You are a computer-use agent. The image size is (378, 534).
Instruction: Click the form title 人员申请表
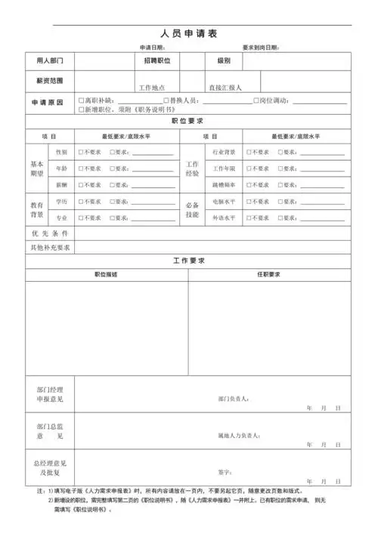[x=189, y=34]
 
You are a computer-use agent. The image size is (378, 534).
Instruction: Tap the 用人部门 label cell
[x=50, y=60]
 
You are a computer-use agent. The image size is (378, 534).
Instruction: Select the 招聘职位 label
[x=157, y=60]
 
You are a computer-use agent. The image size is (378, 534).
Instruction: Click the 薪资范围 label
[x=50, y=79]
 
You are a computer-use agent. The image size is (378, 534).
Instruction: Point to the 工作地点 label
[x=157, y=88]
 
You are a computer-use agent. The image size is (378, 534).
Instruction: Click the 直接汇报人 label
[x=225, y=88]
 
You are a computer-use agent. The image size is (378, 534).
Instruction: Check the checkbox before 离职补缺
[x=81, y=100]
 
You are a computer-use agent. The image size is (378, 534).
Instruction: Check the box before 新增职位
[x=81, y=110]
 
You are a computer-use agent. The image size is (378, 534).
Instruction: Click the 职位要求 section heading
[x=188, y=121]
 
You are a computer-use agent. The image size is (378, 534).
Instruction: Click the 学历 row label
[x=61, y=202]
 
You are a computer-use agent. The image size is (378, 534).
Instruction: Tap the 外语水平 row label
[x=224, y=218]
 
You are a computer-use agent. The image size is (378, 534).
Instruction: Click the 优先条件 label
[x=50, y=233]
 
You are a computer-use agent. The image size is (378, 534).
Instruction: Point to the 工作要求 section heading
[x=188, y=261]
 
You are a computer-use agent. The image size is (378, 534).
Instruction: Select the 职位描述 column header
[x=106, y=274]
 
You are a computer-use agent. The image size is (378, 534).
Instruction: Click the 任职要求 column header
[x=268, y=274]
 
